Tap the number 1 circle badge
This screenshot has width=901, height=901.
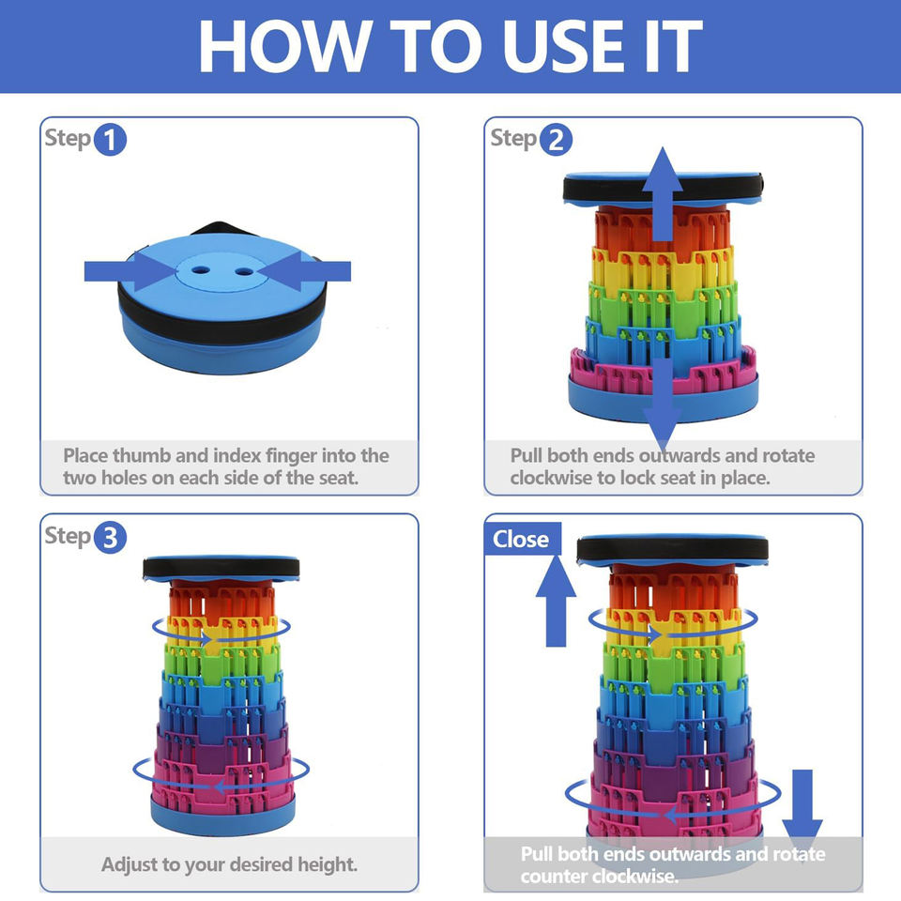click(x=110, y=140)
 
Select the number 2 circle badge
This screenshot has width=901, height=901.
click(x=556, y=140)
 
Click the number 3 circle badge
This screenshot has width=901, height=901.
click(x=110, y=537)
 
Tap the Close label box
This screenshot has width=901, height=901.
click(x=523, y=539)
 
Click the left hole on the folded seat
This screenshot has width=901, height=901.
click(x=201, y=269)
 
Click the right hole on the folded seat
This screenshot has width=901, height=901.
click(x=244, y=271)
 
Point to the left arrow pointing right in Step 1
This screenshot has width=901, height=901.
click(x=130, y=271)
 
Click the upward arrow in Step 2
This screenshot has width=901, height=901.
click(x=663, y=193)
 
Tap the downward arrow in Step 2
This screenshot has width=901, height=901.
click(x=663, y=404)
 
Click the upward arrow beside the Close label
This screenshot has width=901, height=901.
click(x=556, y=601)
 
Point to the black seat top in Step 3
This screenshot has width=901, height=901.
click(x=221, y=568)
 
